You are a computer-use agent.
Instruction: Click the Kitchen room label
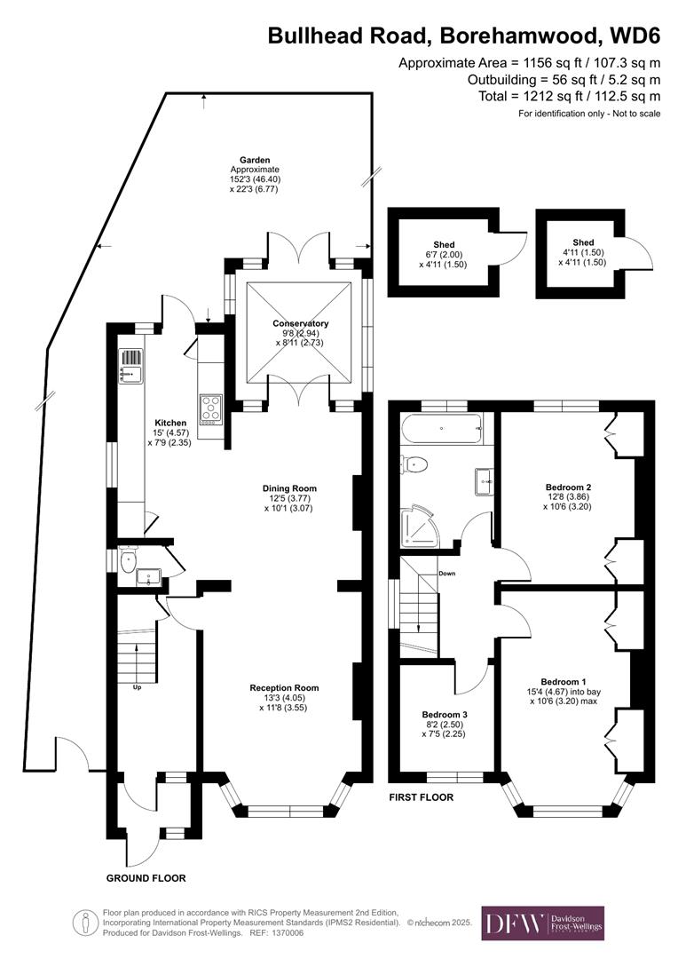point(170,423)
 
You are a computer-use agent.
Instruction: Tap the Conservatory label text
point(301,324)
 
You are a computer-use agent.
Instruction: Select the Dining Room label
point(289,488)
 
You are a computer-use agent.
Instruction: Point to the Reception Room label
point(283,688)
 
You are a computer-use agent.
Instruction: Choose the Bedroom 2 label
point(568,487)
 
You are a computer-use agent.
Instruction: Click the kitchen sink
point(130,364)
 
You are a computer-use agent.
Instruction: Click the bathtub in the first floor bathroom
point(441,431)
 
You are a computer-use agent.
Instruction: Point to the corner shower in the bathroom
point(418,524)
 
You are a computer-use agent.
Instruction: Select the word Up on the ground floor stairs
point(137,687)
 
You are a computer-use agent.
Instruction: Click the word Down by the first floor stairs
point(447,574)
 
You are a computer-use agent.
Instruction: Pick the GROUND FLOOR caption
point(146,878)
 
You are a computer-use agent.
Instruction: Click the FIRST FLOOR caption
point(421,797)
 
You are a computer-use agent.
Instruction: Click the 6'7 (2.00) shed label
point(444,253)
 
